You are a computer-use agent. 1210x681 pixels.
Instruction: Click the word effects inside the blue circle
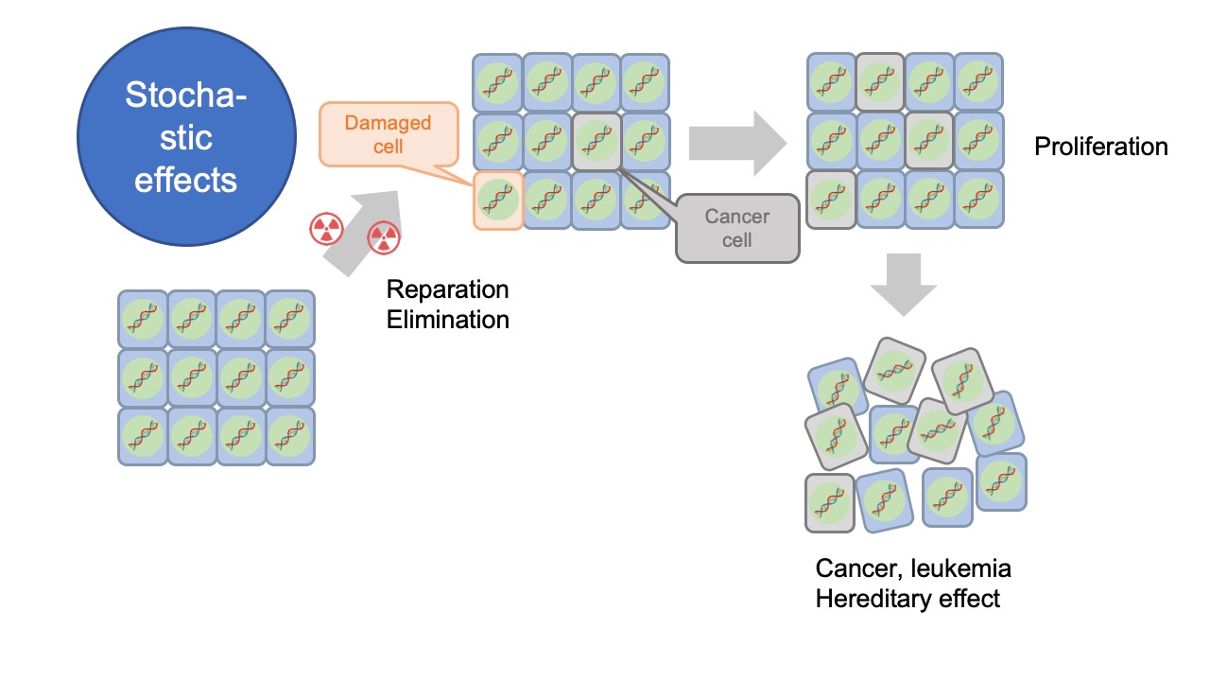coord(185,180)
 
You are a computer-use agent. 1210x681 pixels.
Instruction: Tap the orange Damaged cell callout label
coord(388,134)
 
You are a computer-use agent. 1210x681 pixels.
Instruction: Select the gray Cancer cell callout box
coord(737,228)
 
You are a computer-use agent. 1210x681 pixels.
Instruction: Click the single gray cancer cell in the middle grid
coord(596,142)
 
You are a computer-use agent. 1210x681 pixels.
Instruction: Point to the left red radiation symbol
coord(325,228)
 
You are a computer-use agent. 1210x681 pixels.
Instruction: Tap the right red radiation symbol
coord(382,236)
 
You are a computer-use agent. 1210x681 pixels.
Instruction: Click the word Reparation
coord(448,289)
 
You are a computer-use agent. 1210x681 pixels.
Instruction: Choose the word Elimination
coord(448,320)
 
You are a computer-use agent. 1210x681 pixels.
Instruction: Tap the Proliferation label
coord(1101,147)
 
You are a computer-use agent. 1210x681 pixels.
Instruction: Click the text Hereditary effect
coord(907,599)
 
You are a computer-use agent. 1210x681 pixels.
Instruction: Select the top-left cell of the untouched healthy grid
coord(143,319)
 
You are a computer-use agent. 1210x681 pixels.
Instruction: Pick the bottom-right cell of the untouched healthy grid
coord(290,436)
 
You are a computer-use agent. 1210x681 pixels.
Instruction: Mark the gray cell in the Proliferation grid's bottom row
coord(831,200)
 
